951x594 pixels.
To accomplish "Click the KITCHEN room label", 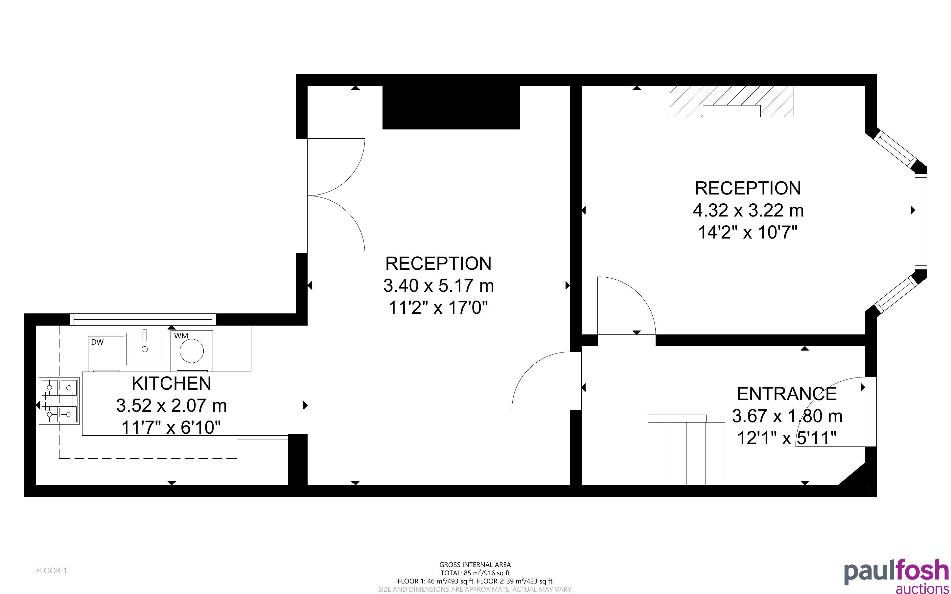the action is point(171,383).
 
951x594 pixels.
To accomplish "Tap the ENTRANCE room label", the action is point(787,394).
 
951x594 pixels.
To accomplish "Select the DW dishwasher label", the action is point(97,342).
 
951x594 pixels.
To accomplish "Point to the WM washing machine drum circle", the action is point(192,351).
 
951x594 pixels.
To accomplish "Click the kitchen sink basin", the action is point(145,349).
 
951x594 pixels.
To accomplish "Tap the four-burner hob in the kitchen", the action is point(59,401).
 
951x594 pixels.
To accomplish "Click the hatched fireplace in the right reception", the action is point(731,102).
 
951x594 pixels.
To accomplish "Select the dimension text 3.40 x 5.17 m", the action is point(438,286).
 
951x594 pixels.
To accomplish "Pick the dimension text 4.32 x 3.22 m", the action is point(748,211).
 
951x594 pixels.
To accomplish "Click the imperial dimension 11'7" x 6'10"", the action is point(171,427).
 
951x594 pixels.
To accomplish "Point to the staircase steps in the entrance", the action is point(686,450).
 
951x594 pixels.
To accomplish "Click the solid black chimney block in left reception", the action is point(451,107).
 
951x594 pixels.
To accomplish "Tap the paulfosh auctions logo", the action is point(896,576).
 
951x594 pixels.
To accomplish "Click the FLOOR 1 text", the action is point(52,570).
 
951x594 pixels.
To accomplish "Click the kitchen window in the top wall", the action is point(143,319).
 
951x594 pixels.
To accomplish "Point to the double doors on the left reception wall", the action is point(336,195).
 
